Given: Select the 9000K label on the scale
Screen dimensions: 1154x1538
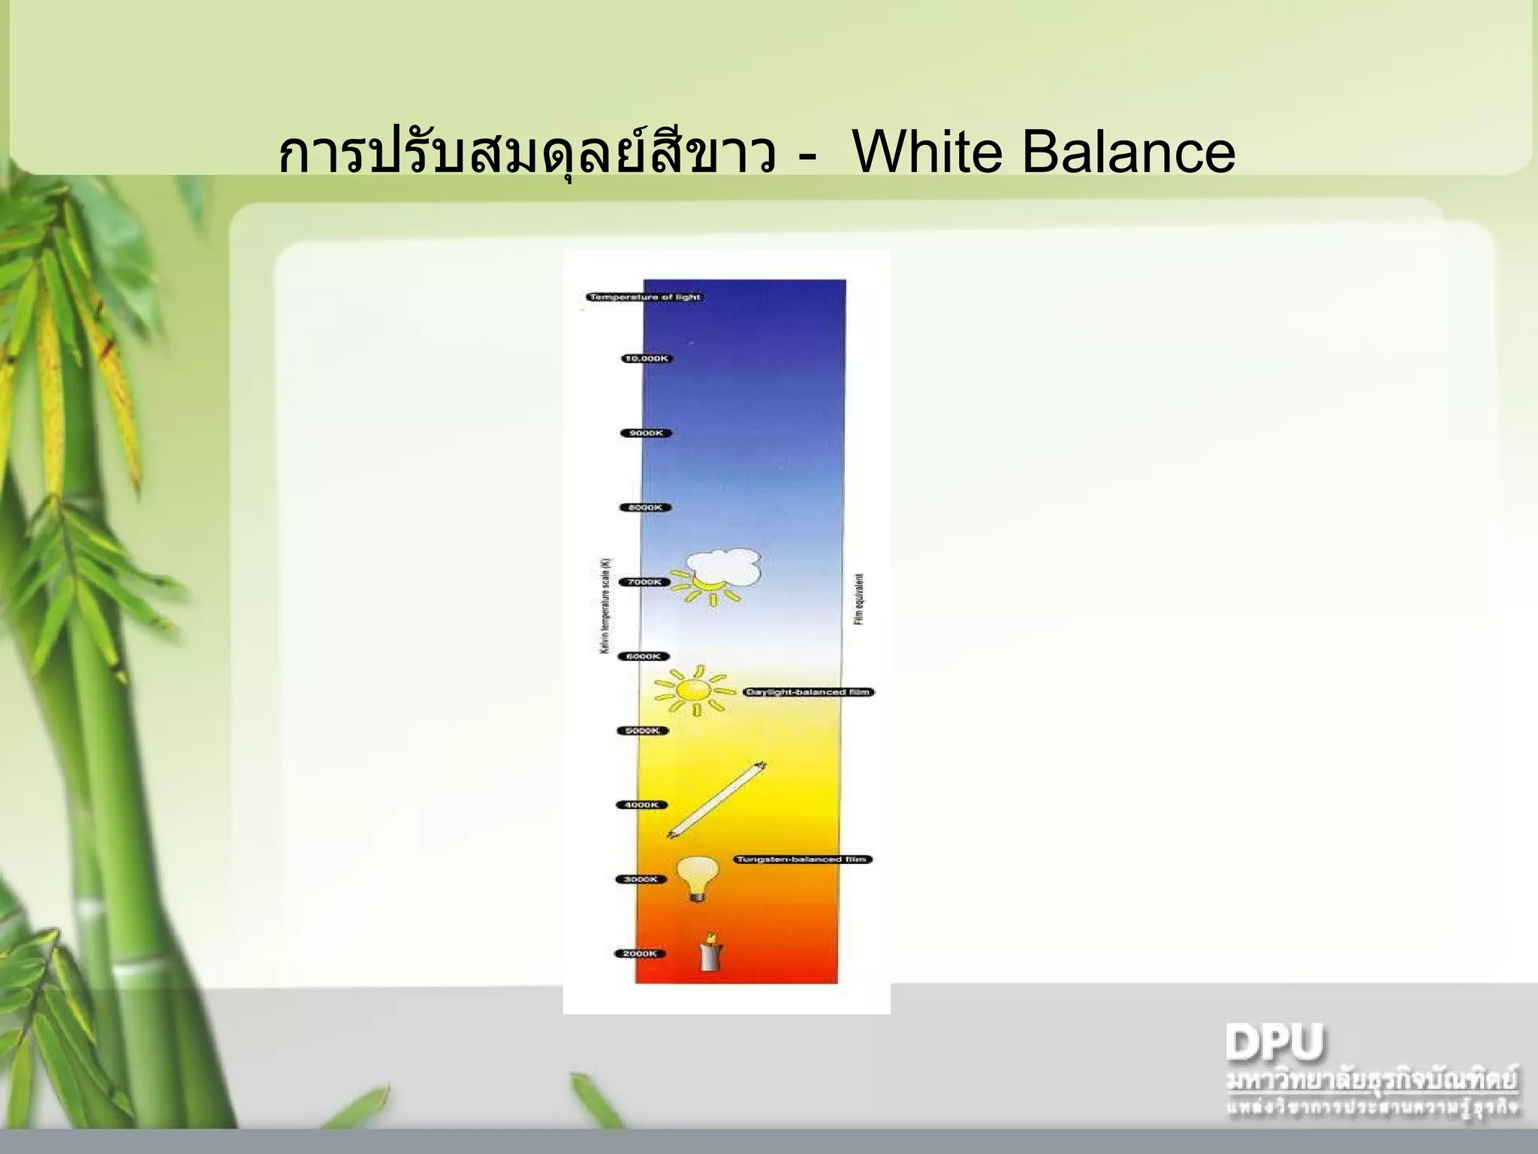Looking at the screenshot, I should tap(646, 433).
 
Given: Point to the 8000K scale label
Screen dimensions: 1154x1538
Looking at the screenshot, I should tap(645, 507).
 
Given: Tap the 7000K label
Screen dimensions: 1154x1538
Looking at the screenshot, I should tap(644, 582).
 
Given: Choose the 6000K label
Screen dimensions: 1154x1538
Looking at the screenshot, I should tap(643, 656).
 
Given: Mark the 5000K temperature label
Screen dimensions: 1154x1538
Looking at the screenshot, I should tap(642, 730).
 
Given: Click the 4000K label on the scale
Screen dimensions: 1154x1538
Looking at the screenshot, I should tap(641, 805).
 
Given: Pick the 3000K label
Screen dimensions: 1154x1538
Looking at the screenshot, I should tap(640, 879).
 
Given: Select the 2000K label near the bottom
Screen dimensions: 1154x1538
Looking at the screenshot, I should tap(639, 953).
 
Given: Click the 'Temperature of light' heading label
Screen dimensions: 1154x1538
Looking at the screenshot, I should tap(644, 298).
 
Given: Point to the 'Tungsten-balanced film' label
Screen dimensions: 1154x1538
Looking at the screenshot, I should tap(801, 859).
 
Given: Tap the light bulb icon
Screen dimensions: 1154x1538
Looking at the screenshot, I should tap(698, 878).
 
